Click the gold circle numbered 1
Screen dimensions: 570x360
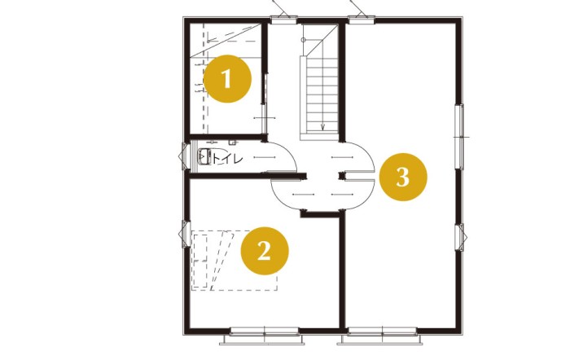227,78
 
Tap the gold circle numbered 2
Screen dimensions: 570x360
265,251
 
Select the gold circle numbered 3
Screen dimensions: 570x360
403,177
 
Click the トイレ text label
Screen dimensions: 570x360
227,159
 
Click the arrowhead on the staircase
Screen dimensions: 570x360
322,127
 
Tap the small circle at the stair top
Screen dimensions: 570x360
304,40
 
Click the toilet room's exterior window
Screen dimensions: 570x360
185,156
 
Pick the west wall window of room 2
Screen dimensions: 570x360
185,235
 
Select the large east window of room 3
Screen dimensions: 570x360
460,137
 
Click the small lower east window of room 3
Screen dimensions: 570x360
461,238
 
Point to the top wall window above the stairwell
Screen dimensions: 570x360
284,20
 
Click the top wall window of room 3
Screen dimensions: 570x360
362,20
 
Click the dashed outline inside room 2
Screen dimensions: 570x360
235,261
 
